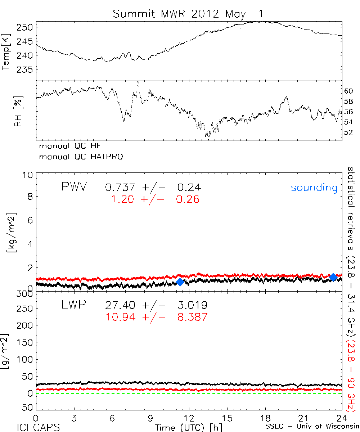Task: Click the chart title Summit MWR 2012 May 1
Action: coord(188,14)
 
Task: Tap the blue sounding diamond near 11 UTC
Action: coord(180,282)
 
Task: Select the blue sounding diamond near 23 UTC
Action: coord(333,277)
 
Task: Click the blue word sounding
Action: coord(314,188)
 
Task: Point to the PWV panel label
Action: coord(73,187)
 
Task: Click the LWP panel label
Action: coord(73,305)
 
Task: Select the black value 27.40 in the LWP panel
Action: coord(120,306)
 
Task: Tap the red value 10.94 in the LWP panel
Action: coord(121,317)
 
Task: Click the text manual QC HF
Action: coord(68,146)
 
